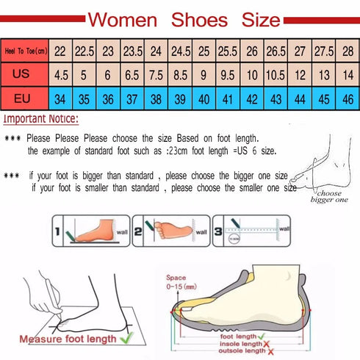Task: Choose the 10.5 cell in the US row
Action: (x=276, y=73)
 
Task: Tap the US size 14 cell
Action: (x=348, y=73)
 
